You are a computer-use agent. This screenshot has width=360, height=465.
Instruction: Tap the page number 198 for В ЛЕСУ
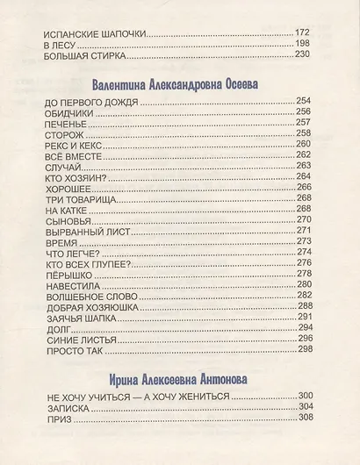[304, 43]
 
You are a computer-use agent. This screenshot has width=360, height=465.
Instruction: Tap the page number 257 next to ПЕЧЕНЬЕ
[304, 133]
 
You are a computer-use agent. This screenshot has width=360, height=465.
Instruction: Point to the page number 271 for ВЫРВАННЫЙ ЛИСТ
[304, 230]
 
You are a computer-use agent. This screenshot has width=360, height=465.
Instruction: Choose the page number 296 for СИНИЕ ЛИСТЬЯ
[304, 338]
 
